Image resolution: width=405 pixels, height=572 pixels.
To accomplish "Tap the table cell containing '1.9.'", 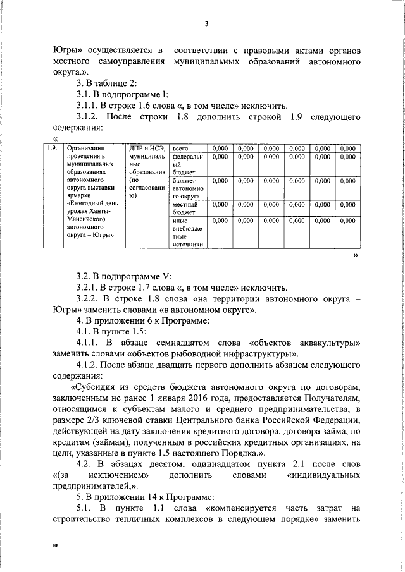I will (x=53, y=149).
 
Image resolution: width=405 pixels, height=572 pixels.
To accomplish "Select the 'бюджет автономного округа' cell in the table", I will (x=188, y=188).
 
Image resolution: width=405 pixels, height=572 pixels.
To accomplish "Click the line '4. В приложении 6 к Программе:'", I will (x=142, y=321).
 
